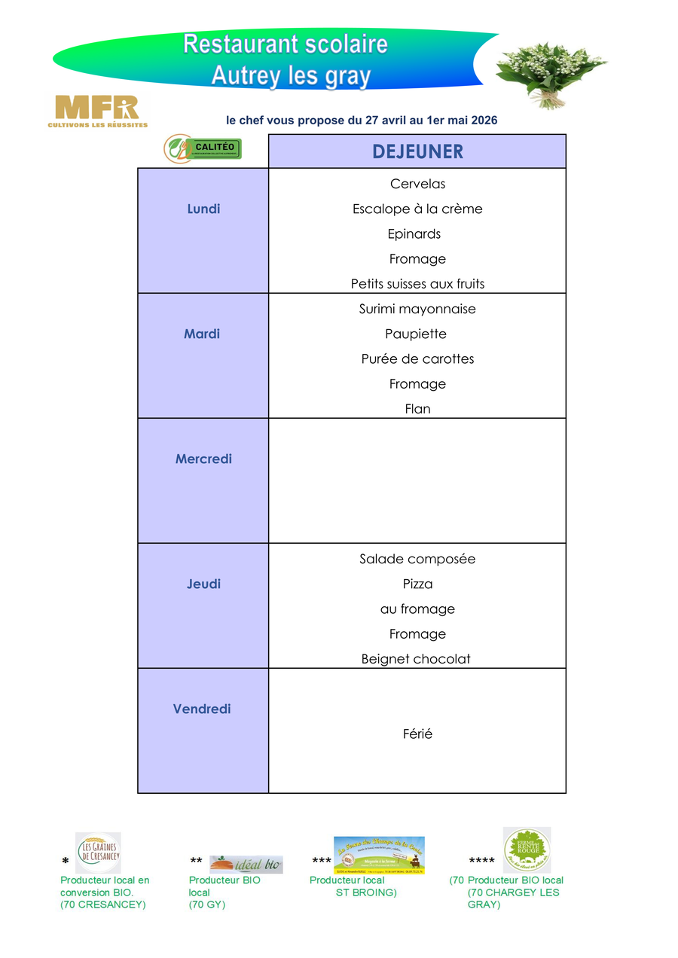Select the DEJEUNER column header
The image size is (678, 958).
[x=417, y=151]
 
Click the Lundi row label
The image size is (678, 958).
[x=203, y=209]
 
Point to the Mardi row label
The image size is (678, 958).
[x=202, y=334]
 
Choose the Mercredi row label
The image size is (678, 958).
[x=203, y=459]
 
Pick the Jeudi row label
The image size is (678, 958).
[x=203, y=584]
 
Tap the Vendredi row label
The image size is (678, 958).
[x=202, y=709]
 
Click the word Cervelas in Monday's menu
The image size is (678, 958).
[x=417, y=184]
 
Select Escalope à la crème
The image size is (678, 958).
[x=417, y=209]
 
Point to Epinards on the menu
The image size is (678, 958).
[x=414, y=233]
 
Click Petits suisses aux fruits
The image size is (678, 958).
[x=417, y=284]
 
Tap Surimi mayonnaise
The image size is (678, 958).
[x=417, y=309]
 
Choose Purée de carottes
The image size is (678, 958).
[x=417, y=358]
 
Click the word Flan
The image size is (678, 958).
[x=417, y=409]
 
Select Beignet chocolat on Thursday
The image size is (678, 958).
[x=416, y=659]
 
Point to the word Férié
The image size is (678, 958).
[x=417, y=734]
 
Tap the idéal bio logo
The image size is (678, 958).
[x=246, y=865]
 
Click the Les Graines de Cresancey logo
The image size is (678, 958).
[x=98, y=853]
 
